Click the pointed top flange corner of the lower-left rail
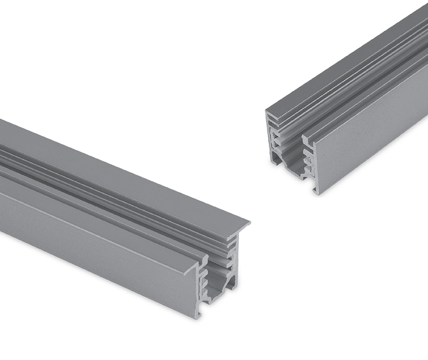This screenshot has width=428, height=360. pos(249,222)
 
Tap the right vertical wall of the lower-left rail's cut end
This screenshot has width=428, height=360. pos(235,265)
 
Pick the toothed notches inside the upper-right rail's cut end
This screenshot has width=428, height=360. pos(308,160)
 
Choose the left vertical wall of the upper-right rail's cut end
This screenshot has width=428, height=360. pos(270,139)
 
